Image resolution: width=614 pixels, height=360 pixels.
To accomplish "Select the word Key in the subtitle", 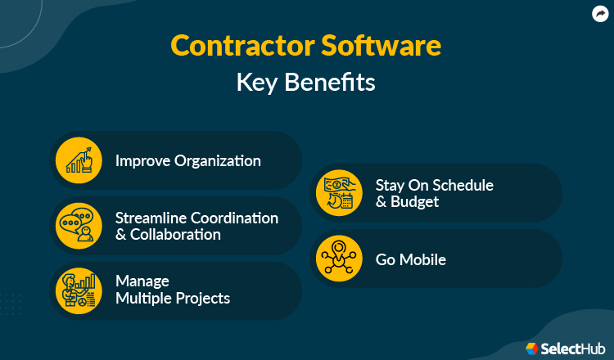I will (255, 83).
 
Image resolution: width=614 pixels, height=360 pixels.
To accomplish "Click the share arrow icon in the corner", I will (599, 13).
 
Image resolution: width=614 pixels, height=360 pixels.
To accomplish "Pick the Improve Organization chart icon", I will (79, 160).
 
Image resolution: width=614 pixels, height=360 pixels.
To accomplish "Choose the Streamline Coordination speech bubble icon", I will (79, 226).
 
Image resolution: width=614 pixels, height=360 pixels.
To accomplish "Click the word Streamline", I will (152, 218).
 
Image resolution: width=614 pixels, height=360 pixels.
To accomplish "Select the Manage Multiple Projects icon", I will (79, 290).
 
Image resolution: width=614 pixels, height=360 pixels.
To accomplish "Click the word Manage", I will (142, 281).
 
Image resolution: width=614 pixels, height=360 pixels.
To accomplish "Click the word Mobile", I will (424, 260).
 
